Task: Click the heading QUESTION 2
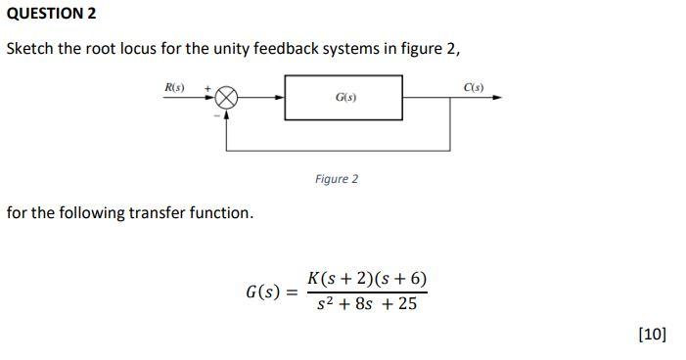point(52,14)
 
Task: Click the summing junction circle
point(227,98)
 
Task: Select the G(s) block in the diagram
point(343,98)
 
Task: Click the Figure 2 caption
point(337,179)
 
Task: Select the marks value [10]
point(652,334)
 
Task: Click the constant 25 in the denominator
point(407,304)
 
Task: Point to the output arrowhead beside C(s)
point(498,98)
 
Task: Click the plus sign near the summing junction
point(206,88)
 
